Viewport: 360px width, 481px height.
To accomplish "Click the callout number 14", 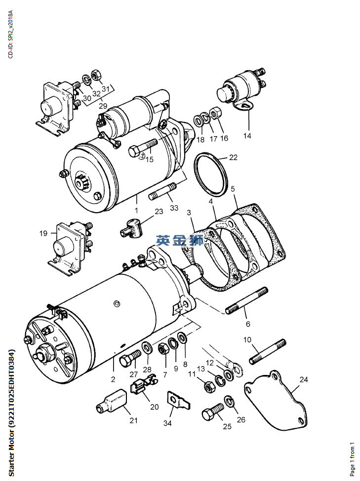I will (247, 136).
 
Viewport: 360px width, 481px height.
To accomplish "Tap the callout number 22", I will (233, 157).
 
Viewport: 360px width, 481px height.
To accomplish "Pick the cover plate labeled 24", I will (277, 400).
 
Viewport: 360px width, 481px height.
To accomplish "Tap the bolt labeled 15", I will (143, 147).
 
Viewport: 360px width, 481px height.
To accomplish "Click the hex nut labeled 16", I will (215, 112).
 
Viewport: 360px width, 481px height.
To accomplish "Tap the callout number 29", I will (103, 106).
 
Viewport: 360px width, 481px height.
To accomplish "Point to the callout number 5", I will (233, 189).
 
